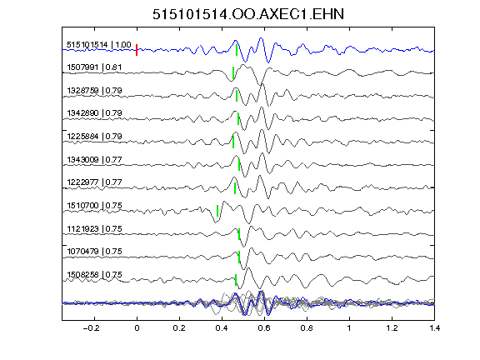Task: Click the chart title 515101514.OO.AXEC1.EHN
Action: [248, 14]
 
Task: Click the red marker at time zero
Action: [137, 50]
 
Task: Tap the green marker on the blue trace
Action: [237, 50]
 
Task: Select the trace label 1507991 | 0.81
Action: [94, 67]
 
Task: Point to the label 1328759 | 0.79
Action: [94, 91]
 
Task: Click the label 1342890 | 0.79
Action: [94, 113]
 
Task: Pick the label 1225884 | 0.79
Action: [94, 136]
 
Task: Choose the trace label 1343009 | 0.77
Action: [94, 159]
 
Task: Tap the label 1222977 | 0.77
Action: [94, 182]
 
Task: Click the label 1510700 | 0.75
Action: [94, 205]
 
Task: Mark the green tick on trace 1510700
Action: [217, 211]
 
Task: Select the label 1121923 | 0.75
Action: [94, 228]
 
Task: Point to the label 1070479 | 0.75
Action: [94, 252]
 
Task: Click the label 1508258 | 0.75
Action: [94, 275]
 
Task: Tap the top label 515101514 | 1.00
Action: [99, 45]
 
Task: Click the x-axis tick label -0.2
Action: [91, 328]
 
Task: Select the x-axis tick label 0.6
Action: [264, 328]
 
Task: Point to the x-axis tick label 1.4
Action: [434, 328]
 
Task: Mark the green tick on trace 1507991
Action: [233, 72]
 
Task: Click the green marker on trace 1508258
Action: [236, 280]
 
